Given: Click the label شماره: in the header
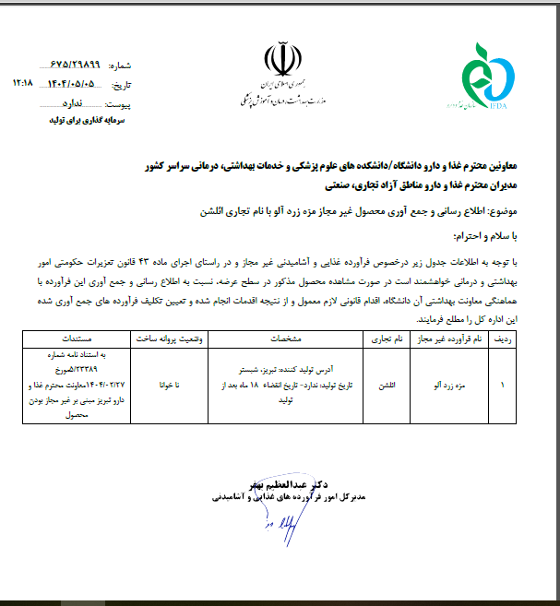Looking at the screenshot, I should point(121,67).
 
